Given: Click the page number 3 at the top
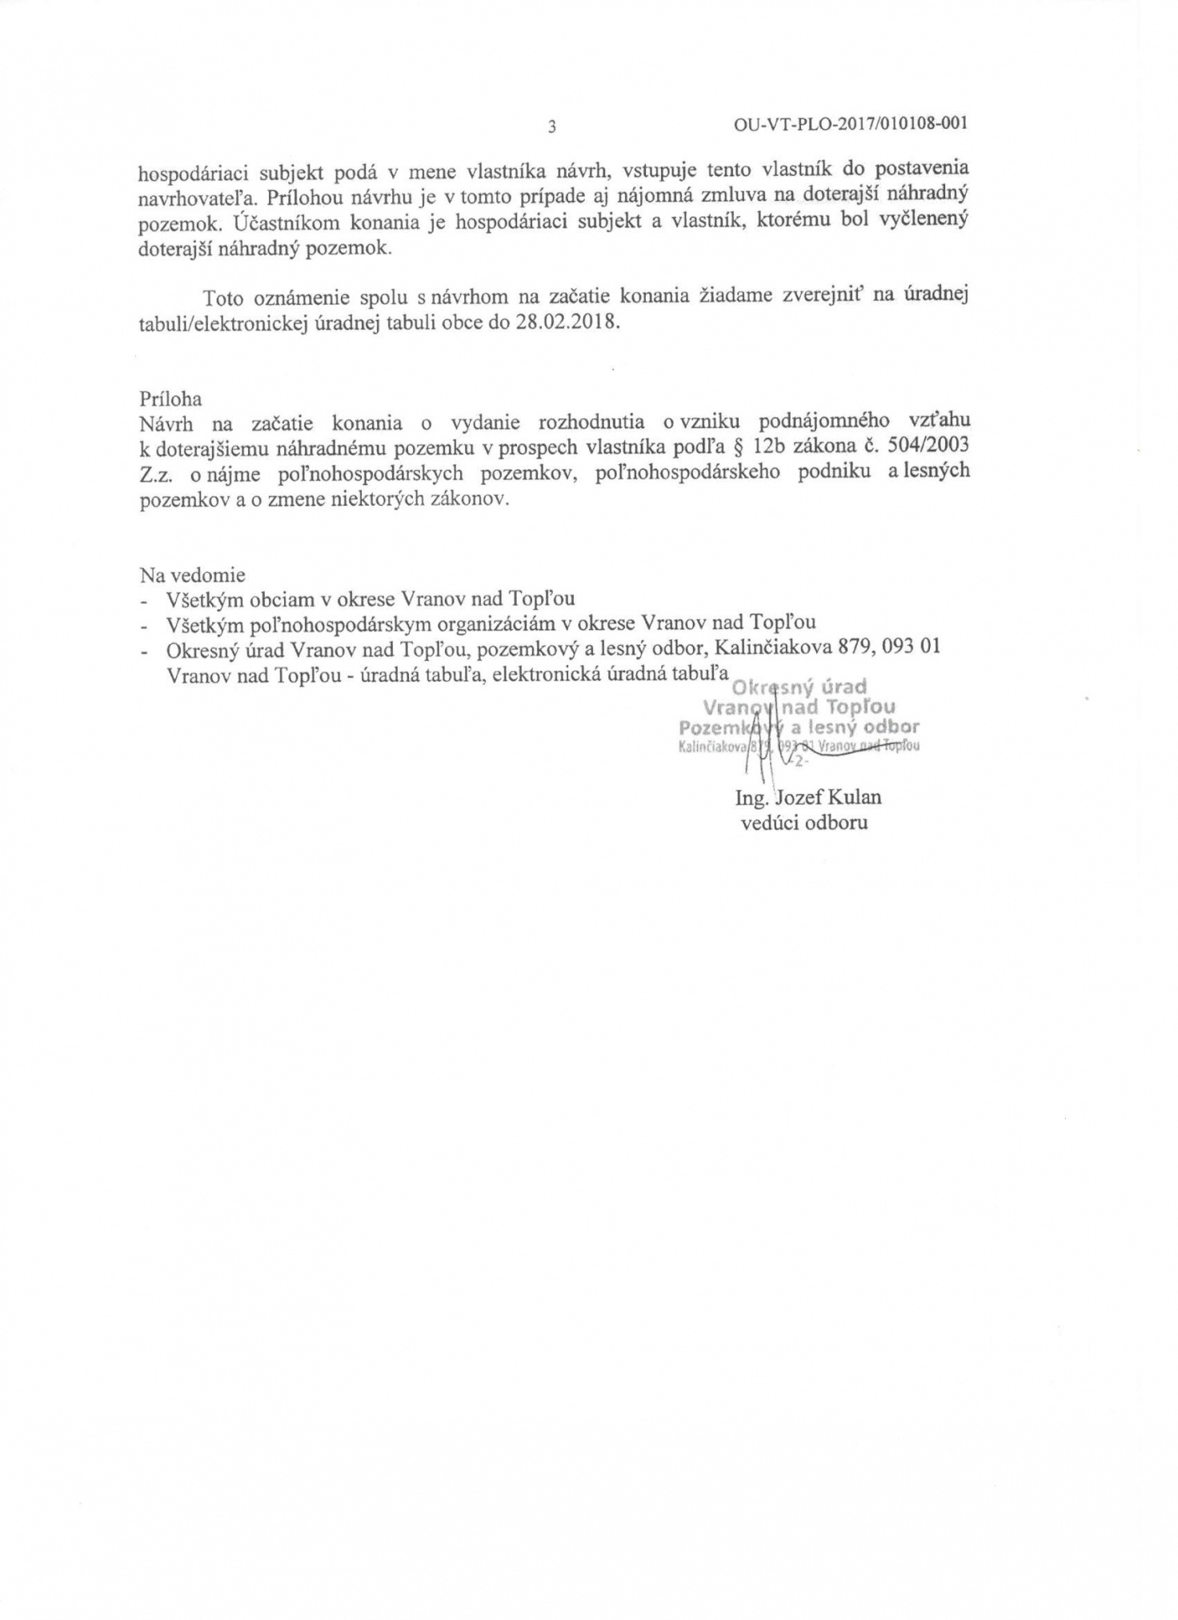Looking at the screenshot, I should coord(551,126).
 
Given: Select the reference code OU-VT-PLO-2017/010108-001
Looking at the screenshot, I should coord(851,124).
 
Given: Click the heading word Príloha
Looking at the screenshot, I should coord(170,399).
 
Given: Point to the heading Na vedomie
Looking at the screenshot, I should coord(193,575).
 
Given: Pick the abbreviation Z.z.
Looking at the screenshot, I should coord(157,472).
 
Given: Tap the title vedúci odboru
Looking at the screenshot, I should coord(804,822).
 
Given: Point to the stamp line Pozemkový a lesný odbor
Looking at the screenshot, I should coord(799,728).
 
